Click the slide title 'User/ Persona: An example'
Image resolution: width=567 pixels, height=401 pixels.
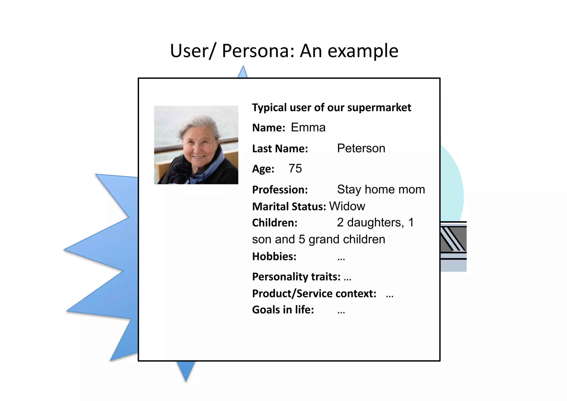284,51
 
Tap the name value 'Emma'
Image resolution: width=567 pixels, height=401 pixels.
308,128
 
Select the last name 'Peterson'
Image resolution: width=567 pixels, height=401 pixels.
361,149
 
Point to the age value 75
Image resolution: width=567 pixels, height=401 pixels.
295,168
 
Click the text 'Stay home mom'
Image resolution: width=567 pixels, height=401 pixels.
381,190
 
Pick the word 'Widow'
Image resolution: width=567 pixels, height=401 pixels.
347,206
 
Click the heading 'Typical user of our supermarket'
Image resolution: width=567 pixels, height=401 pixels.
331,108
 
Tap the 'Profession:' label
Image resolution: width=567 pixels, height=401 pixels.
280,190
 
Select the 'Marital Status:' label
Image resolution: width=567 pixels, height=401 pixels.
289,207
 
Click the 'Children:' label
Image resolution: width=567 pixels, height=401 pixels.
275,223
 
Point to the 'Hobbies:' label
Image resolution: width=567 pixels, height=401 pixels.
274,257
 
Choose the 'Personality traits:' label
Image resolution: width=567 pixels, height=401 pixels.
296,277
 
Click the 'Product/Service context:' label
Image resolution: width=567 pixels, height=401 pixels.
314,294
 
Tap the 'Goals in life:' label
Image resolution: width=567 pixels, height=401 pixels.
283,310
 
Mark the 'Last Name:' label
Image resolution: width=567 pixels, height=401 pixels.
280,149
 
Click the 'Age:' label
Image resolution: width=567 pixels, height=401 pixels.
263,169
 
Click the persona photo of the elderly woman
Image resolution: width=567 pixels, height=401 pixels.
196,145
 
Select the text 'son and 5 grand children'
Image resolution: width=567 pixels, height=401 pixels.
318,239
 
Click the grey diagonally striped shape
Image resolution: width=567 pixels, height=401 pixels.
453,239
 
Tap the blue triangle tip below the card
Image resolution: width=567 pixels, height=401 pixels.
186,371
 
